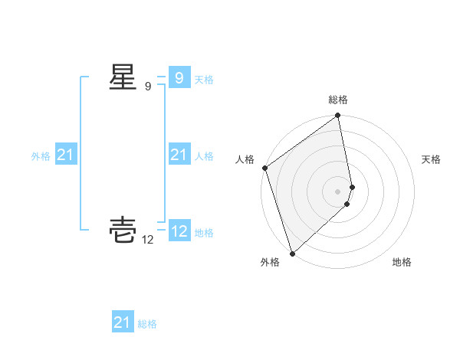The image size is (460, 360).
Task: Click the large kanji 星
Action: tap(123, 77)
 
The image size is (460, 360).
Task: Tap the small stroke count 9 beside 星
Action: tap(148, 87)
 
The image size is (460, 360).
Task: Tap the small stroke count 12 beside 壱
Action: tap(148, 240)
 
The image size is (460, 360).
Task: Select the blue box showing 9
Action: tap(179, 78)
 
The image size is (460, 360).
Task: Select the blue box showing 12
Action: tap(179, 231)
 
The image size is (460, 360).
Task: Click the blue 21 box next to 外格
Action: tap(65, 155)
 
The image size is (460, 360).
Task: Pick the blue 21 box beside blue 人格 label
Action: tap(179, 155)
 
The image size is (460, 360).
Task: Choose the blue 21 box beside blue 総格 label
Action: tap(122, 322)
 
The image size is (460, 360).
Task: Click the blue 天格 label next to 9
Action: tap(204, 79)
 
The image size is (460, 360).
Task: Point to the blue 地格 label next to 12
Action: tap(204, 232)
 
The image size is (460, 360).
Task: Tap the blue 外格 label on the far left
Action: tap(41, 156)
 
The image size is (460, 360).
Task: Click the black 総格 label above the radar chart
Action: tap(338, 100)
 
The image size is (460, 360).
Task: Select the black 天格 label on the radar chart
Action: tap(431, 159)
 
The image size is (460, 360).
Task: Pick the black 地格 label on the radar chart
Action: tap(402, 262)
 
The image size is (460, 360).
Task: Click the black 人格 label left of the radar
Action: tap(245, 159)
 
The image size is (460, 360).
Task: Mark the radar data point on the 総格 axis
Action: tap(338, 116)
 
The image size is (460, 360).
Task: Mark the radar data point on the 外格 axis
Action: tap(292, 253)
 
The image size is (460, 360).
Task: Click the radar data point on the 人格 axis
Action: tap(264, 168)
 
